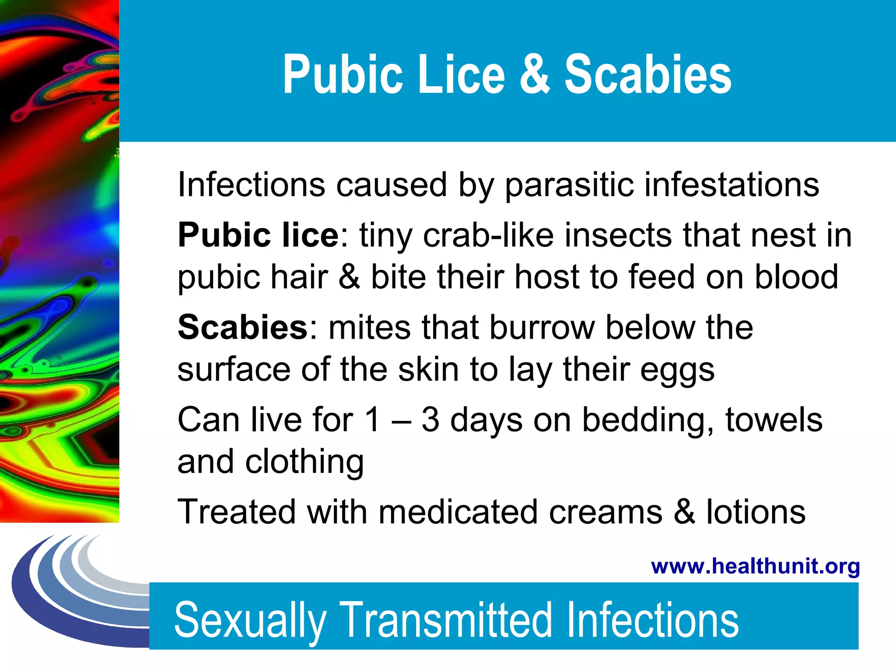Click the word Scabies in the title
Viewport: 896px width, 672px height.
tap(648, 74)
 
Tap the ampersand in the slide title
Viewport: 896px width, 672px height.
tap(535, 74)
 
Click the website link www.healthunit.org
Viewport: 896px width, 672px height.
tap(756, 566)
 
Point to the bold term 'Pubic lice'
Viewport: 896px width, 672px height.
tap(258, 235)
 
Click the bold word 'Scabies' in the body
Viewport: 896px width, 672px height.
tap(243, 327)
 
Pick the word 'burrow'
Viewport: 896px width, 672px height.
tap(542, 327)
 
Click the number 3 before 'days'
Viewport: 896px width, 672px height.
tap(430, 420)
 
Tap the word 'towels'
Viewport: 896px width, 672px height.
tap(774, 420)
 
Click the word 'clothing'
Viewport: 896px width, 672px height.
tap(304, 462)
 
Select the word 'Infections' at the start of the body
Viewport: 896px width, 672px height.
tap(252, 185)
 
